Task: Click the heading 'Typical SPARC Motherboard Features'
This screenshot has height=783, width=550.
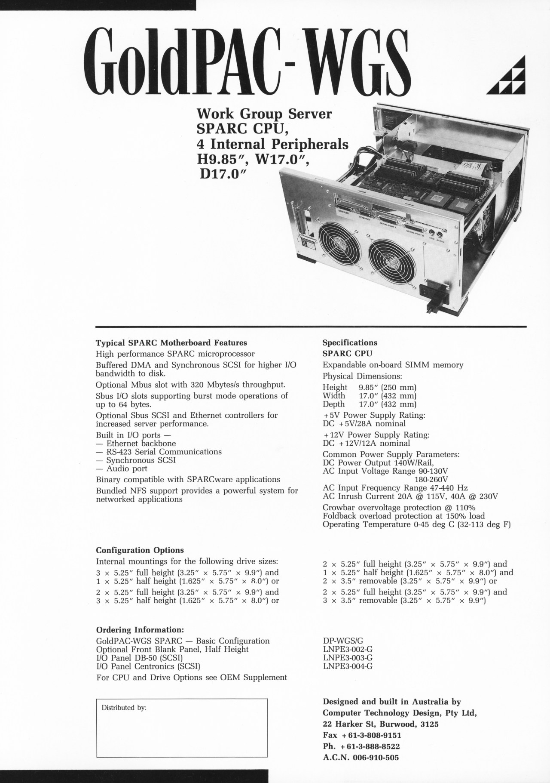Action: click(x=171, y=343)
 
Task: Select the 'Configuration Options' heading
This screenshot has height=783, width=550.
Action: click(x=140, y=550)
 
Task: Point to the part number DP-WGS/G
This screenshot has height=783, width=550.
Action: click(x=342, y=641)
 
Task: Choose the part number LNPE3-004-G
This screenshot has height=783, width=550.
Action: click(x=347, y=666)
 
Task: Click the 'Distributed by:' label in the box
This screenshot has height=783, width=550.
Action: click(x=124, y=708)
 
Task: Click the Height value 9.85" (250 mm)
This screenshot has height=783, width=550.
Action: click(x=388, y=387)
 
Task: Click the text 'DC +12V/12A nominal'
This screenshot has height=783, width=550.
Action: click(x=366, y=443)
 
